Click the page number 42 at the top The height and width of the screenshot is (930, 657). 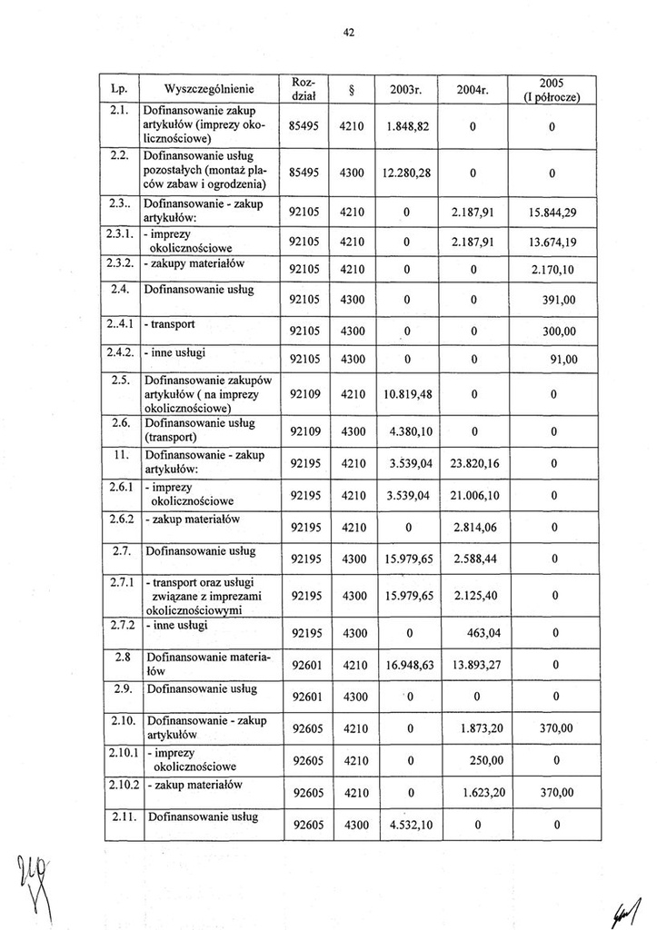pos(348,33)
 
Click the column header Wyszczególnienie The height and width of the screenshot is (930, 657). pos(208,89)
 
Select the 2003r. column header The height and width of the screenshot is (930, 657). pos(404,89)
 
